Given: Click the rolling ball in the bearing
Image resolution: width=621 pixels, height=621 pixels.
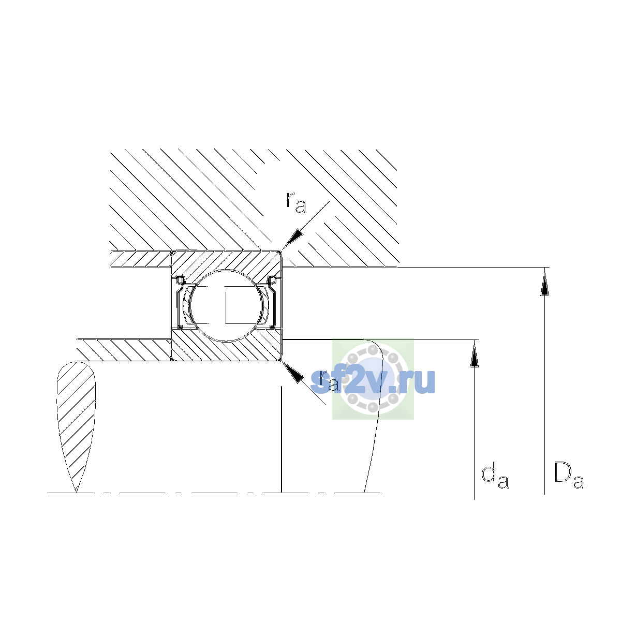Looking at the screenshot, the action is coord(226,305).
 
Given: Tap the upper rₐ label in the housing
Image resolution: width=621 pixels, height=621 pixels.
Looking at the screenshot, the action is coord(296,203).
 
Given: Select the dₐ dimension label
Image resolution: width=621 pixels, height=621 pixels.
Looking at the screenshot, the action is coord(495,477).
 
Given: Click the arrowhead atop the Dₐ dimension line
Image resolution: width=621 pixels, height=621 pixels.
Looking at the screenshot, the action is coord(544,283).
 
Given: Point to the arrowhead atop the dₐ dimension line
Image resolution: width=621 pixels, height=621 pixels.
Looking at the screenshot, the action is coord(474,355).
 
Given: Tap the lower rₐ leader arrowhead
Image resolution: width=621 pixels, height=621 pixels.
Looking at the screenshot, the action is coord(292,372).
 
